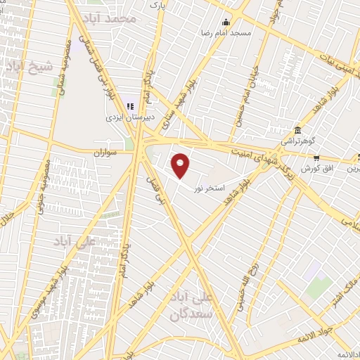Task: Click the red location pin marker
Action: point(181,165)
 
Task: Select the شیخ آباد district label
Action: point(29,67)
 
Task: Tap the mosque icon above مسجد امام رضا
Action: point(225,22)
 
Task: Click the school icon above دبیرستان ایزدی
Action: point(129,107)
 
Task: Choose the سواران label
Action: point(108,151)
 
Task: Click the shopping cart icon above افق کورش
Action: point(317,157)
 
